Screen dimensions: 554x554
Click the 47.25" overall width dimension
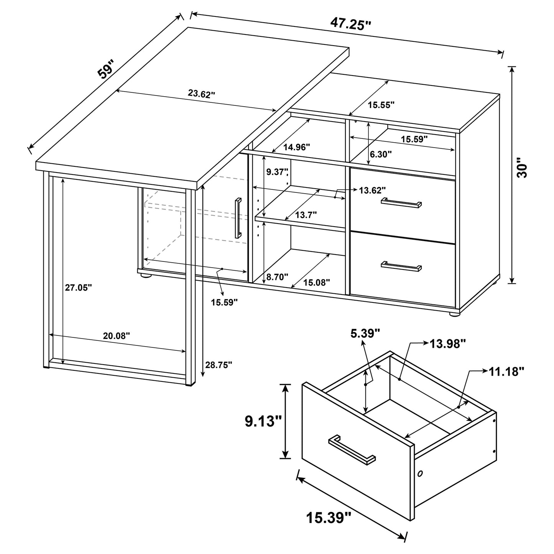350,24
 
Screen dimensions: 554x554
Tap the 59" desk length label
105,69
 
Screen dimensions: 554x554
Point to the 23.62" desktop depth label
201,94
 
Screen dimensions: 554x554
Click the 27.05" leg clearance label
78,287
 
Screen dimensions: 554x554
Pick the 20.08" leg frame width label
117,336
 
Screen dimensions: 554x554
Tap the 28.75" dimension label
219,365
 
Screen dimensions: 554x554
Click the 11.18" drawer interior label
506,371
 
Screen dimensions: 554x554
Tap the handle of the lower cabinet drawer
401,266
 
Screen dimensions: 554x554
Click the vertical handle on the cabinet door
238,218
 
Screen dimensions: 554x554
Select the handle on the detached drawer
352,450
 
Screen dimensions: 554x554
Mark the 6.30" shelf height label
380,155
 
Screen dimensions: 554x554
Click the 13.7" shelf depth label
306,215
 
